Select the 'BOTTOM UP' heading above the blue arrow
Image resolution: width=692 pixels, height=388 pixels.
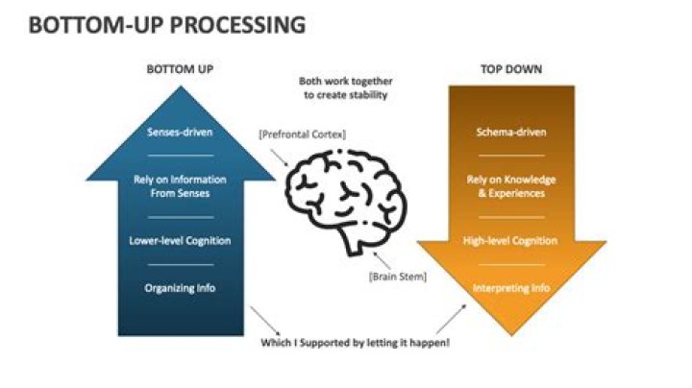click(179, 70)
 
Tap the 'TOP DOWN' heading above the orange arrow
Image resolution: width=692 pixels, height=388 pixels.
click(510, 70)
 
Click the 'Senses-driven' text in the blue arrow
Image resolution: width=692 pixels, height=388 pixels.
click(180, 132)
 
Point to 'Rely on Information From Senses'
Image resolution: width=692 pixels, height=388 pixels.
click(180, 186)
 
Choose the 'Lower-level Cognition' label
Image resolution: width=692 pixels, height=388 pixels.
click(180, 240)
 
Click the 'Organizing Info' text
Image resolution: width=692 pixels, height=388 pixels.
click(180, 286)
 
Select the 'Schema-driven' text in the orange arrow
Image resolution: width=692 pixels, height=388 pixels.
click(511, 132)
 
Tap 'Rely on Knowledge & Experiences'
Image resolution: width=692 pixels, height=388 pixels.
click(511, 186)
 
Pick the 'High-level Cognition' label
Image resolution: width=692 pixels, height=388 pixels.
click(511, 240)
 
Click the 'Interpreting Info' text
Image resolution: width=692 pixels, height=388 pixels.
click(511, 287)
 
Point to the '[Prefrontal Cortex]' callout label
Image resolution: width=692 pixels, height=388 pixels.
click(303, 134)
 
